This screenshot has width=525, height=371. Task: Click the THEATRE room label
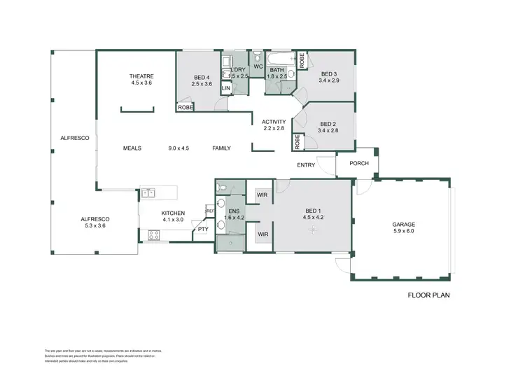tap(141, 76)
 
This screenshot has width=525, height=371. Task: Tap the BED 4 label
tap(202, 77)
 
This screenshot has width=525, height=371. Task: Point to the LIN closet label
tap(225, 89)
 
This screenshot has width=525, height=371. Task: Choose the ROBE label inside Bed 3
tap(302, 61)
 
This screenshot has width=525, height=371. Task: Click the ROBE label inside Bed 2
tap(298, 141)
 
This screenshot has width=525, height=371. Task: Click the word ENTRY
tap(306, 166)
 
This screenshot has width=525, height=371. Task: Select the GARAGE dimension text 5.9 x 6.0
tap(402, 231)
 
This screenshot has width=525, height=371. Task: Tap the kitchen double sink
tap(148, 192)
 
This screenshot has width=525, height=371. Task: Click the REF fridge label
tap(209, 210)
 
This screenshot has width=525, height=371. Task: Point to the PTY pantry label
tap(202, 229)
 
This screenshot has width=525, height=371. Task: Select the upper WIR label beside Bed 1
tap(263, 195)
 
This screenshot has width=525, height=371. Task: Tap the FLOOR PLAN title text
tap(428, 295)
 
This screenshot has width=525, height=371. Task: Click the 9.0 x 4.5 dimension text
tap(179, 148)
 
